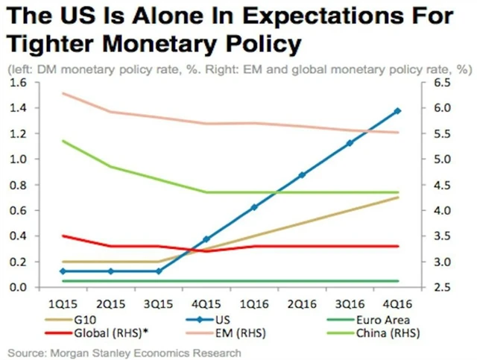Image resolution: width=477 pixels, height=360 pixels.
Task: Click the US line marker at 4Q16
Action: (397, 111)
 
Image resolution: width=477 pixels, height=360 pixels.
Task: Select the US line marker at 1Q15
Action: (63, 271)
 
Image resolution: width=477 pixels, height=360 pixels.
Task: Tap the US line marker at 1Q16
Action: (254, 207)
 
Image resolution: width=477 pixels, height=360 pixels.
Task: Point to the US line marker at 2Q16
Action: (302, 175)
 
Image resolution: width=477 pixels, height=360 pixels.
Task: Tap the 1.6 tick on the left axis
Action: (17, 82)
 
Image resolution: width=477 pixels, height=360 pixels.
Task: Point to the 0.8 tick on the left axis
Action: (17, 185)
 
